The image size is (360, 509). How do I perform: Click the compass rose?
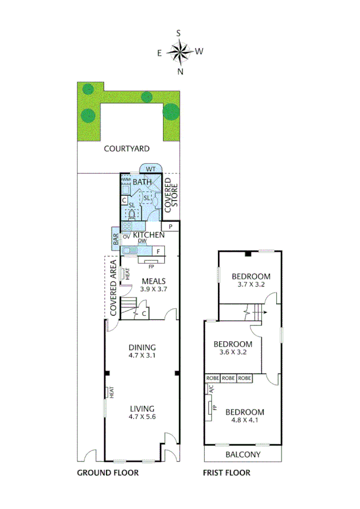[x=180, y=52]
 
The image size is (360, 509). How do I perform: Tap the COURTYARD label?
[x=126, y=149]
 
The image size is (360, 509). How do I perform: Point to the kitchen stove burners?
[x=126, y=226]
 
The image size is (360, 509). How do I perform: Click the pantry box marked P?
[x=170, y=227]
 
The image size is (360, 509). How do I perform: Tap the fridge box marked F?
[x=158, y=251]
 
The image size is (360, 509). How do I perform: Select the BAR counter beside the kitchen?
[x=115, y=238]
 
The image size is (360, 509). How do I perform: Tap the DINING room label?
[x=142, y=347]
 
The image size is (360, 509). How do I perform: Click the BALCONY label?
[x=243, y=454]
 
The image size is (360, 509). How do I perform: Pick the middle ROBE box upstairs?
[x=228, y=378]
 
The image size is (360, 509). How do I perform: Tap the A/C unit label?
[x=210, y=389]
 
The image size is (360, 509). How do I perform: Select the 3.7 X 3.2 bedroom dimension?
[x=251, y=285]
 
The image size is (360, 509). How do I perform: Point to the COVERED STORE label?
[x=171, y=193]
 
